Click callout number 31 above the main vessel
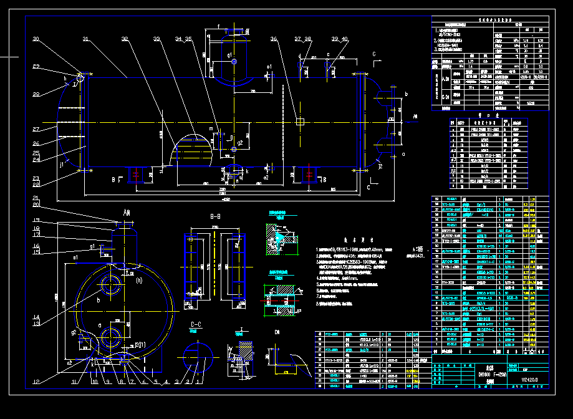click(x=85, y=39)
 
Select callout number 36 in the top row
click(x=274, y=39)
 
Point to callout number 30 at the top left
click(x=36, y=39)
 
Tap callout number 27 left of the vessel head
click(x=36, y=129)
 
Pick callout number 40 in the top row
click(x=345, y=39)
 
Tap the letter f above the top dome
click(x=218, y=26)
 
